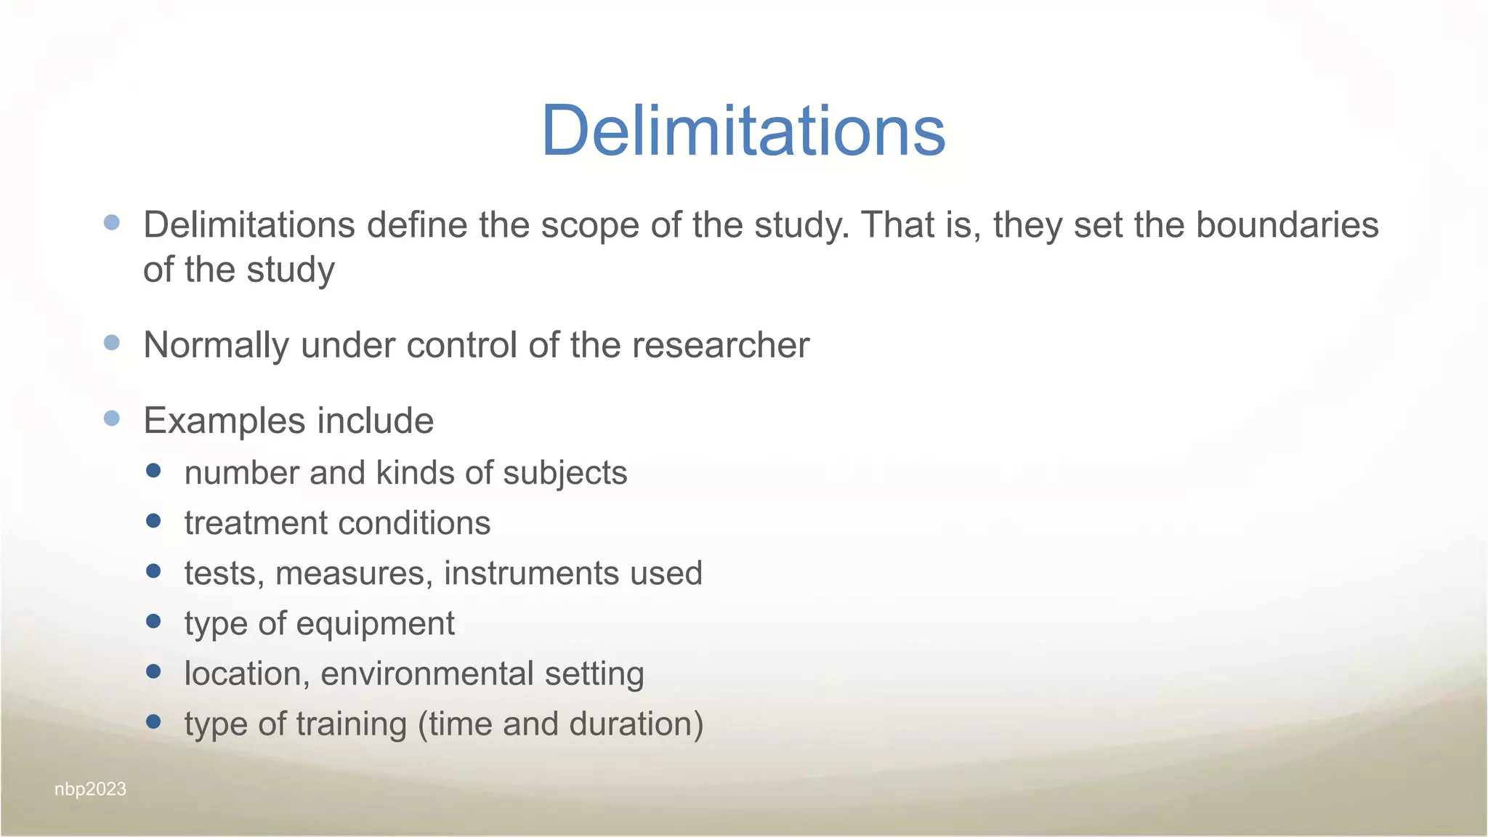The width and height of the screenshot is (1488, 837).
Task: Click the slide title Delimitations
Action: pos(743,131)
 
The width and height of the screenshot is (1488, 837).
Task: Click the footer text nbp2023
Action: pos(90,789)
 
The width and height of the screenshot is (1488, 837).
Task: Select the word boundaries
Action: pos(1287,225)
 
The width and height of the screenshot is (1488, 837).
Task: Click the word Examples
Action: pos(224,421)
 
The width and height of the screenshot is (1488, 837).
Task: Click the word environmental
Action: pos(426,674)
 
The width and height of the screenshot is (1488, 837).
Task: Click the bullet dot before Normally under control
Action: pos(112,342)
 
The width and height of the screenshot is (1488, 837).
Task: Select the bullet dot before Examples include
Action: pos(112,418)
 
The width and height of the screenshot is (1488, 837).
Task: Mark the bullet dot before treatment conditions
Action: pos(153,521)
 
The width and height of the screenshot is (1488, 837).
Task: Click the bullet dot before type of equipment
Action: pos(153,621)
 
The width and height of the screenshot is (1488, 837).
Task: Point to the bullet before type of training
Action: pos(153,721)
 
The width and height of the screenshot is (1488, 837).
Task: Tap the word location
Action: pos(242,674)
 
